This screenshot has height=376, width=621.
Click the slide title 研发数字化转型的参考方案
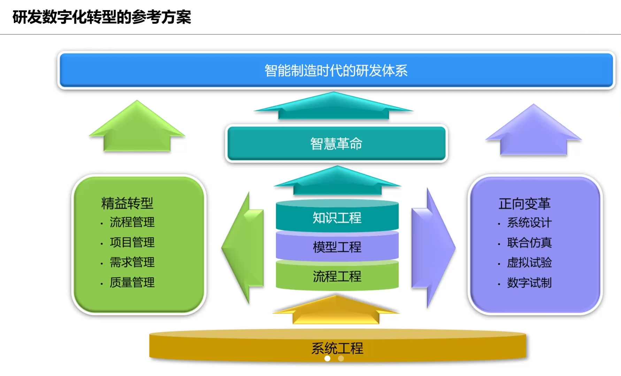[102, 17]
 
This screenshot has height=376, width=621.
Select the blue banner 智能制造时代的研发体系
[336, 70]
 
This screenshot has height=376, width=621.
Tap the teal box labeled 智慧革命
[336, 143]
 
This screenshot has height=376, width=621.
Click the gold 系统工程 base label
[337, 348]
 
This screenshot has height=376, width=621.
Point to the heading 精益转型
[127, 203]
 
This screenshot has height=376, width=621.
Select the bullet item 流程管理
[132, 222]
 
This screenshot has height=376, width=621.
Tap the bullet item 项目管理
[132, 242]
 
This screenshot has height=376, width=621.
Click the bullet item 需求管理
[132, 262]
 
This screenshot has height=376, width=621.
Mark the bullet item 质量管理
[132, 282]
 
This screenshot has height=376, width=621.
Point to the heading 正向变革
[524, 204]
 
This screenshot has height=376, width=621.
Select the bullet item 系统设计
[529, 222]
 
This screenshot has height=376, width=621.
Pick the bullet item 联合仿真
[529, 243]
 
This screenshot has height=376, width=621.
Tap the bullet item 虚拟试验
[529, 263]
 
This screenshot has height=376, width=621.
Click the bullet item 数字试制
[529, 283]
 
